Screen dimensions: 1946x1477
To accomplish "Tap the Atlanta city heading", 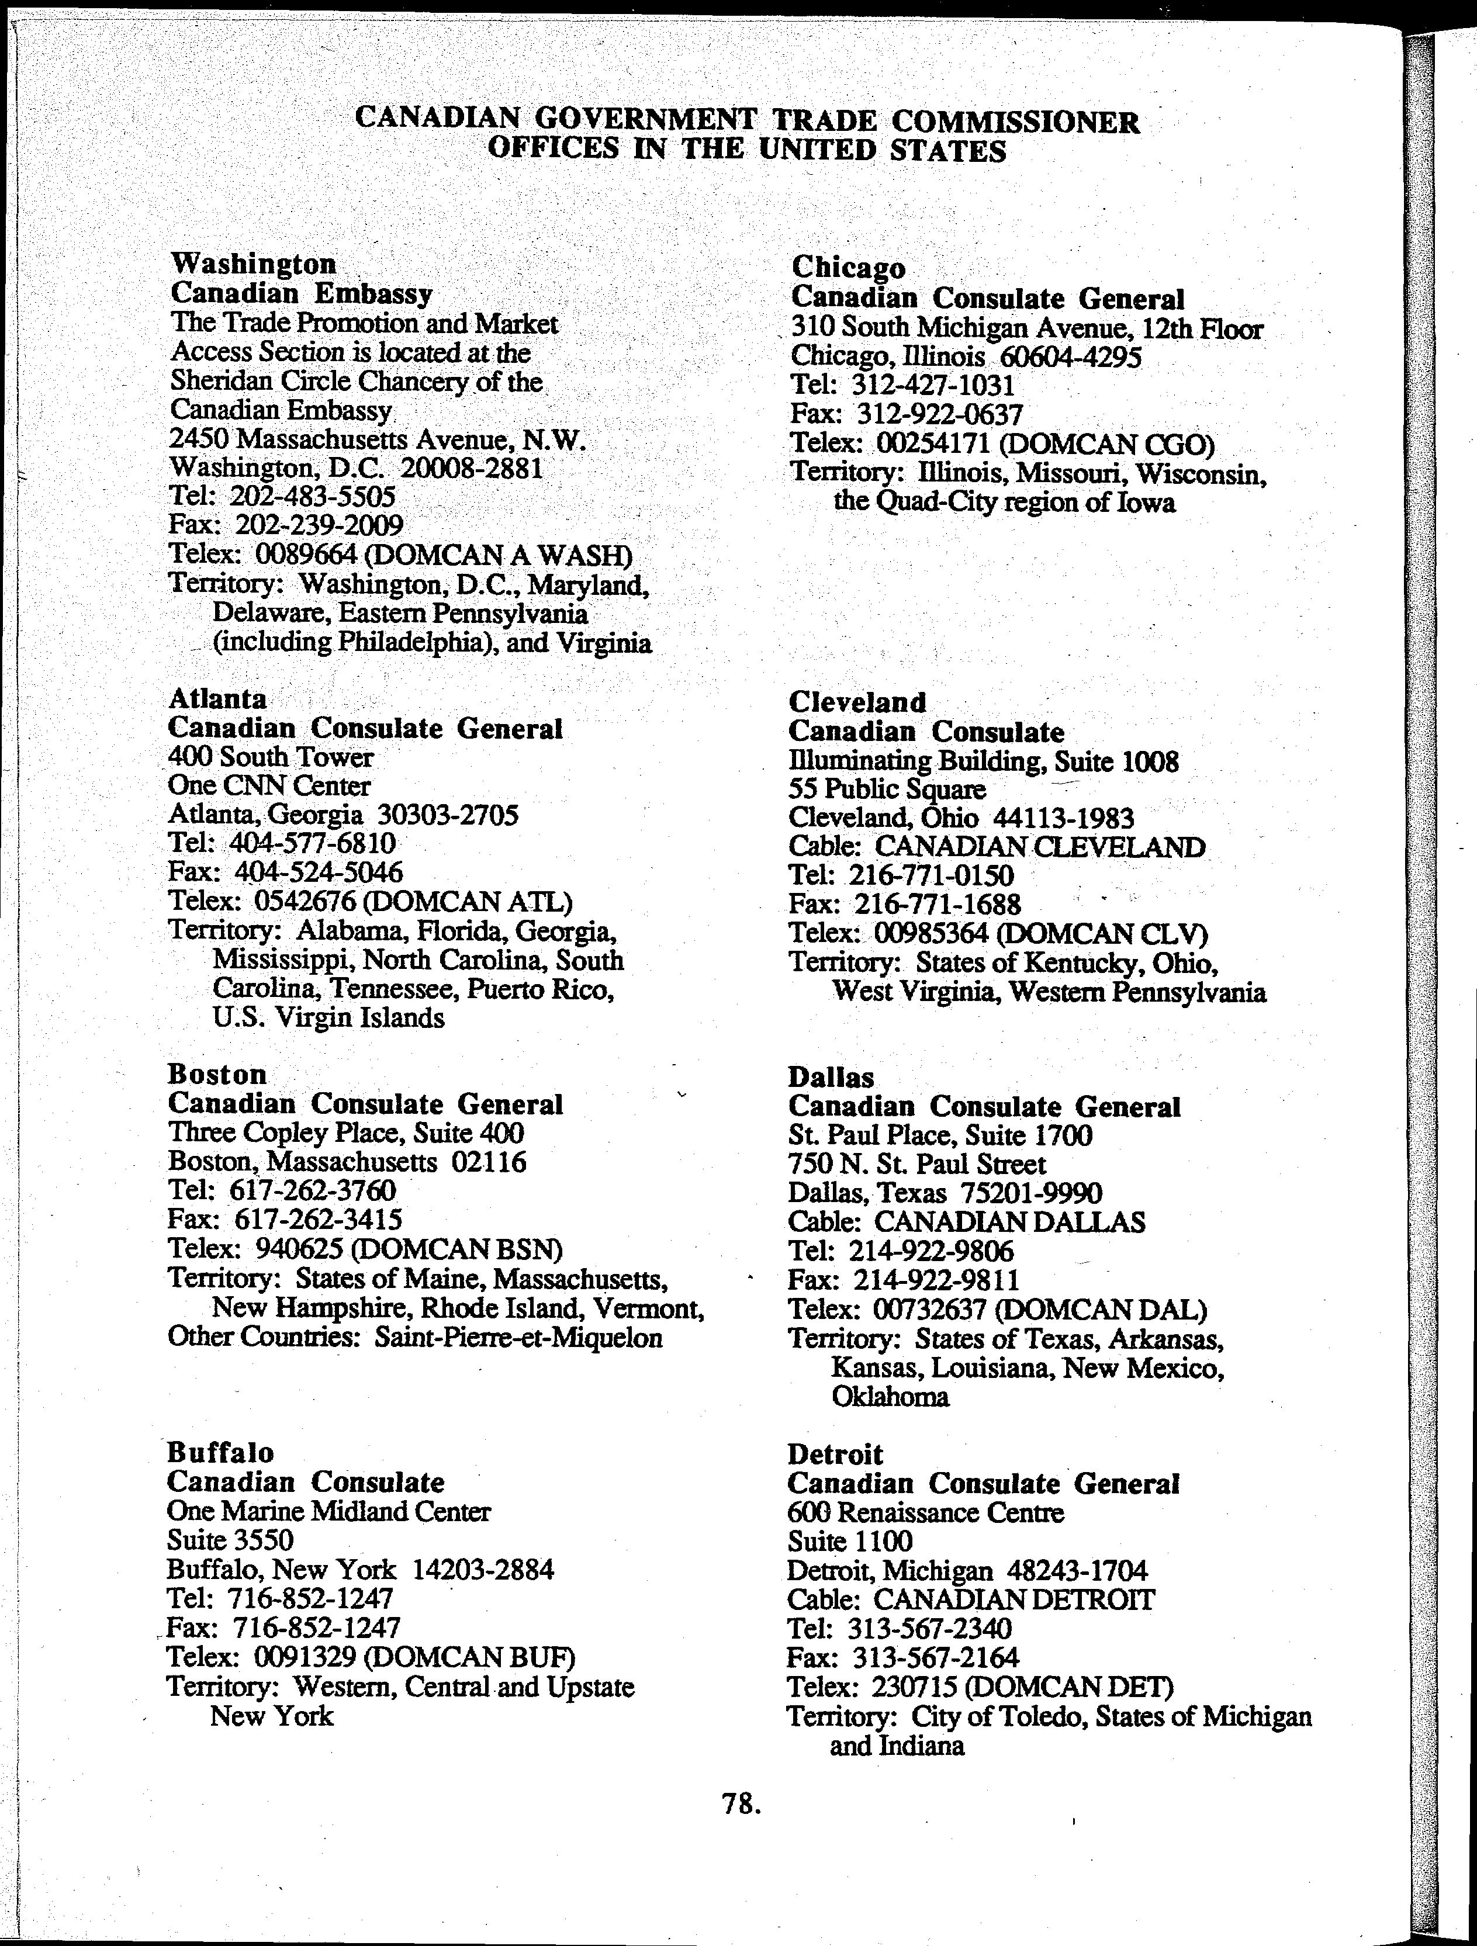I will click(x=217, y=698).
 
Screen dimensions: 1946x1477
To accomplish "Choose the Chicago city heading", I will click(x=848, y=268).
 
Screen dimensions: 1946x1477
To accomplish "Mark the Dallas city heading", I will click(x=831, y=1077).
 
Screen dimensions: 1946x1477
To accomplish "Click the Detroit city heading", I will click(x=835, y=1454).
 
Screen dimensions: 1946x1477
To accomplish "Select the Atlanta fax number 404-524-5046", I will click(x=319, y=872).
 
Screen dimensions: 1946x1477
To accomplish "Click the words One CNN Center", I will click(x=269, y=785).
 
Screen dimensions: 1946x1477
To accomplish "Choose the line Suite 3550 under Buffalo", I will click(x=230, y=1539).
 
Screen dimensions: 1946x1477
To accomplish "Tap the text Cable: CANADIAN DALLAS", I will click(x=967, y=1222).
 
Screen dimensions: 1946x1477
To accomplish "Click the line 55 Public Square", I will click(x=887, y=789).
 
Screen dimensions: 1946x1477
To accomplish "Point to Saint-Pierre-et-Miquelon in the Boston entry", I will click(x=518, y=1337).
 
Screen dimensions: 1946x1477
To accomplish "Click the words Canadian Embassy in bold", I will click(x=301, y=293).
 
